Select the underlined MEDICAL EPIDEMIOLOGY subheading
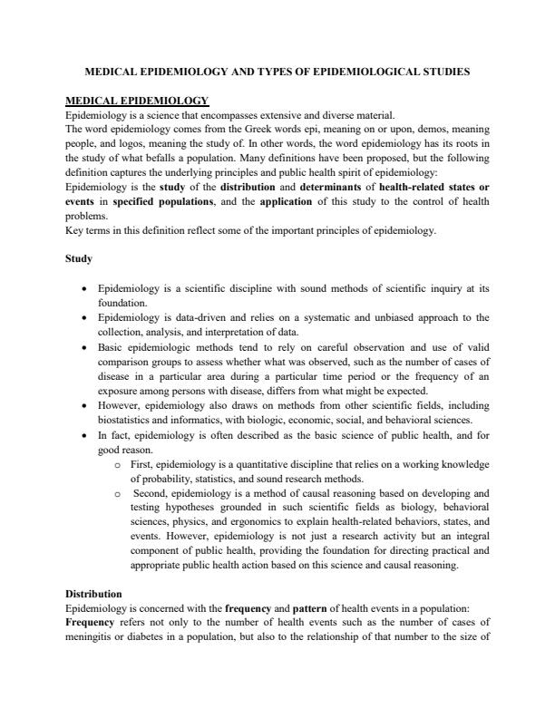click(x=137, y=101)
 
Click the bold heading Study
click(x=78, y=258)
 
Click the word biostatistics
click(x=126, y=420)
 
